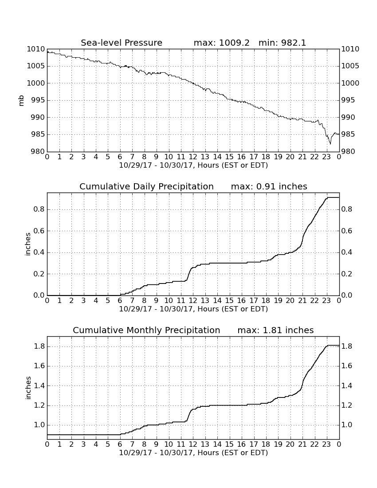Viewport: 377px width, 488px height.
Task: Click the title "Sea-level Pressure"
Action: [122, 43]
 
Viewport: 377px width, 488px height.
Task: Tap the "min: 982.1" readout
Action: [282, 43]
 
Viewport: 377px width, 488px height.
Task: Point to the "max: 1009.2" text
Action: [221, 43]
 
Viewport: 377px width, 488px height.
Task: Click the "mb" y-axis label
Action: [21, 101]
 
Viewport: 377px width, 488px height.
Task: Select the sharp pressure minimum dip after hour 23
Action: [330, 143]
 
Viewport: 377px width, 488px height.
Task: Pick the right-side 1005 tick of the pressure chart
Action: [350, 66]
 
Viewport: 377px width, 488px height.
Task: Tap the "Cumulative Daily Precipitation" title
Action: [146, 186]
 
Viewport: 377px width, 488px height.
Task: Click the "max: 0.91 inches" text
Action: [269, 186]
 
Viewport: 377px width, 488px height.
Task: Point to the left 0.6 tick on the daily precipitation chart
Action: [39, 231]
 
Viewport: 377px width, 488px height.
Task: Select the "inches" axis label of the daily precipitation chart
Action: [28, 244]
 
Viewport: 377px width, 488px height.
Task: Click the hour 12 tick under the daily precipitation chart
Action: [193, 300]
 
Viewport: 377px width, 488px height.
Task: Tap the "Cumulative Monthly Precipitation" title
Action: [146, 330]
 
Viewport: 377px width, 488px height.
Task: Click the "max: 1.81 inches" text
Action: [275, 330]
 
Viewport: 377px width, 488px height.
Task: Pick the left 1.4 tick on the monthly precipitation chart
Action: [39, 386]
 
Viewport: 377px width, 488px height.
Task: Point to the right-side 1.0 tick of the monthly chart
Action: [347, 425]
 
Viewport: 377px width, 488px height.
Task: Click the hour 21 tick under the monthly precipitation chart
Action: [302, 444]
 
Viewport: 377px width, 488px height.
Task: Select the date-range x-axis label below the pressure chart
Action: [193, 165]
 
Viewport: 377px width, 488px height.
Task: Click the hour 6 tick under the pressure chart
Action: [120, 157]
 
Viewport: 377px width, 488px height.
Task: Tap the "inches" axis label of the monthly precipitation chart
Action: [28, 388]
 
